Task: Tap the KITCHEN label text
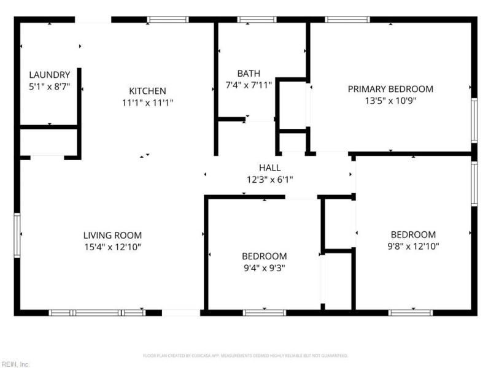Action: pyautogui.click(x=147, y=91)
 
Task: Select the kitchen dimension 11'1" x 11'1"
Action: pyautogui.click(x=147, y=103)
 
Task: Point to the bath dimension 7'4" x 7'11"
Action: pyautogui.click(x=249, y=85)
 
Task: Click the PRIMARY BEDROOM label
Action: pyautogui.click(x=390, y=89)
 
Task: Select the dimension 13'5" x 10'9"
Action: pyautogui.click(x=390, y=101)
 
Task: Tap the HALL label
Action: pyautogui.click(x=269, y=167)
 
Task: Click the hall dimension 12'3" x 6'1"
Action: pyautogui.click(x=269, y=180)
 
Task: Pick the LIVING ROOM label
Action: pyautogui.click(x=112, y=235)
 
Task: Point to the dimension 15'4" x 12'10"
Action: pyautogui.click(x=112, y=247)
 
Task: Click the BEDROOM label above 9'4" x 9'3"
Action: pyautogui.click(x=264, y=256)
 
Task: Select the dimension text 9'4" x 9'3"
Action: pyautogui.click(x=264, y=268)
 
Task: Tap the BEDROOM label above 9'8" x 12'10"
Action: pyautogui.click(x=413, y=234)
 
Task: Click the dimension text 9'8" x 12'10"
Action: pyautogui.click(x=413, y=247)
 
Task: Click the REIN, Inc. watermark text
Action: pyautogui.click(x=15, y=364)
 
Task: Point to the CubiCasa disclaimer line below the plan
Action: pyautogui.click(x=245, y=356)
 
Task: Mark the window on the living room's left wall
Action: pyautogui.click(x=17, y=234)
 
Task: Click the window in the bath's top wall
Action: pyautogui.click(x=257, y=20)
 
